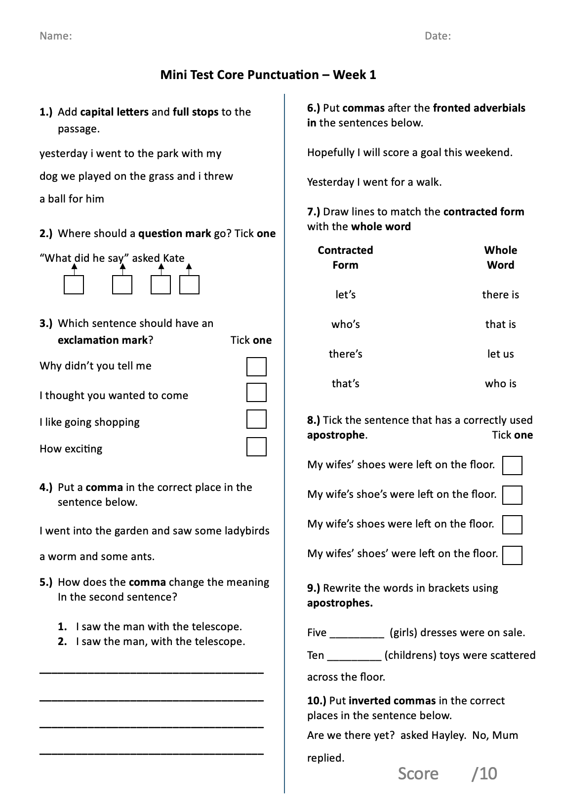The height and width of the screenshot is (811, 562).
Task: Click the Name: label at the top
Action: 55,36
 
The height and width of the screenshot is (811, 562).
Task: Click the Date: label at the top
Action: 438,36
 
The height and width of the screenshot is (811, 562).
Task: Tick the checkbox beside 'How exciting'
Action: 256,446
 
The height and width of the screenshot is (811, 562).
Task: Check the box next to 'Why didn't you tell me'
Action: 256,367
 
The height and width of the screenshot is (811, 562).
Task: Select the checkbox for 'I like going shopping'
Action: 256,419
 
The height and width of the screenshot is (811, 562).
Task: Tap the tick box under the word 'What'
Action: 74,285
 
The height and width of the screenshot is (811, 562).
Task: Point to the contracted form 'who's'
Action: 346,324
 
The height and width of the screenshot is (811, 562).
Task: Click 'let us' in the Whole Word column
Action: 500,354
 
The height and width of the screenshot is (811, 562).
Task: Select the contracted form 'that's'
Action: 346,384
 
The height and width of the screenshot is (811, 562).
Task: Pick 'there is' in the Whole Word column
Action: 500,295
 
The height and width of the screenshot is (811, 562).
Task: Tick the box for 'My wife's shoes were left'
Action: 512,525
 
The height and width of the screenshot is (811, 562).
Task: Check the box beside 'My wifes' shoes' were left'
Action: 512,555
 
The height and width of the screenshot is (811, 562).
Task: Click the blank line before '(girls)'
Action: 357,634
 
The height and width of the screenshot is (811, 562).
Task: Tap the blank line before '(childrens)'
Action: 354,657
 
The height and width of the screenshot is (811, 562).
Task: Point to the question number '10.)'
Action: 317,701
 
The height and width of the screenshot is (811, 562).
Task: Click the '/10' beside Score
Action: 484,773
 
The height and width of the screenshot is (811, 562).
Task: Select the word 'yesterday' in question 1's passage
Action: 63,154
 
